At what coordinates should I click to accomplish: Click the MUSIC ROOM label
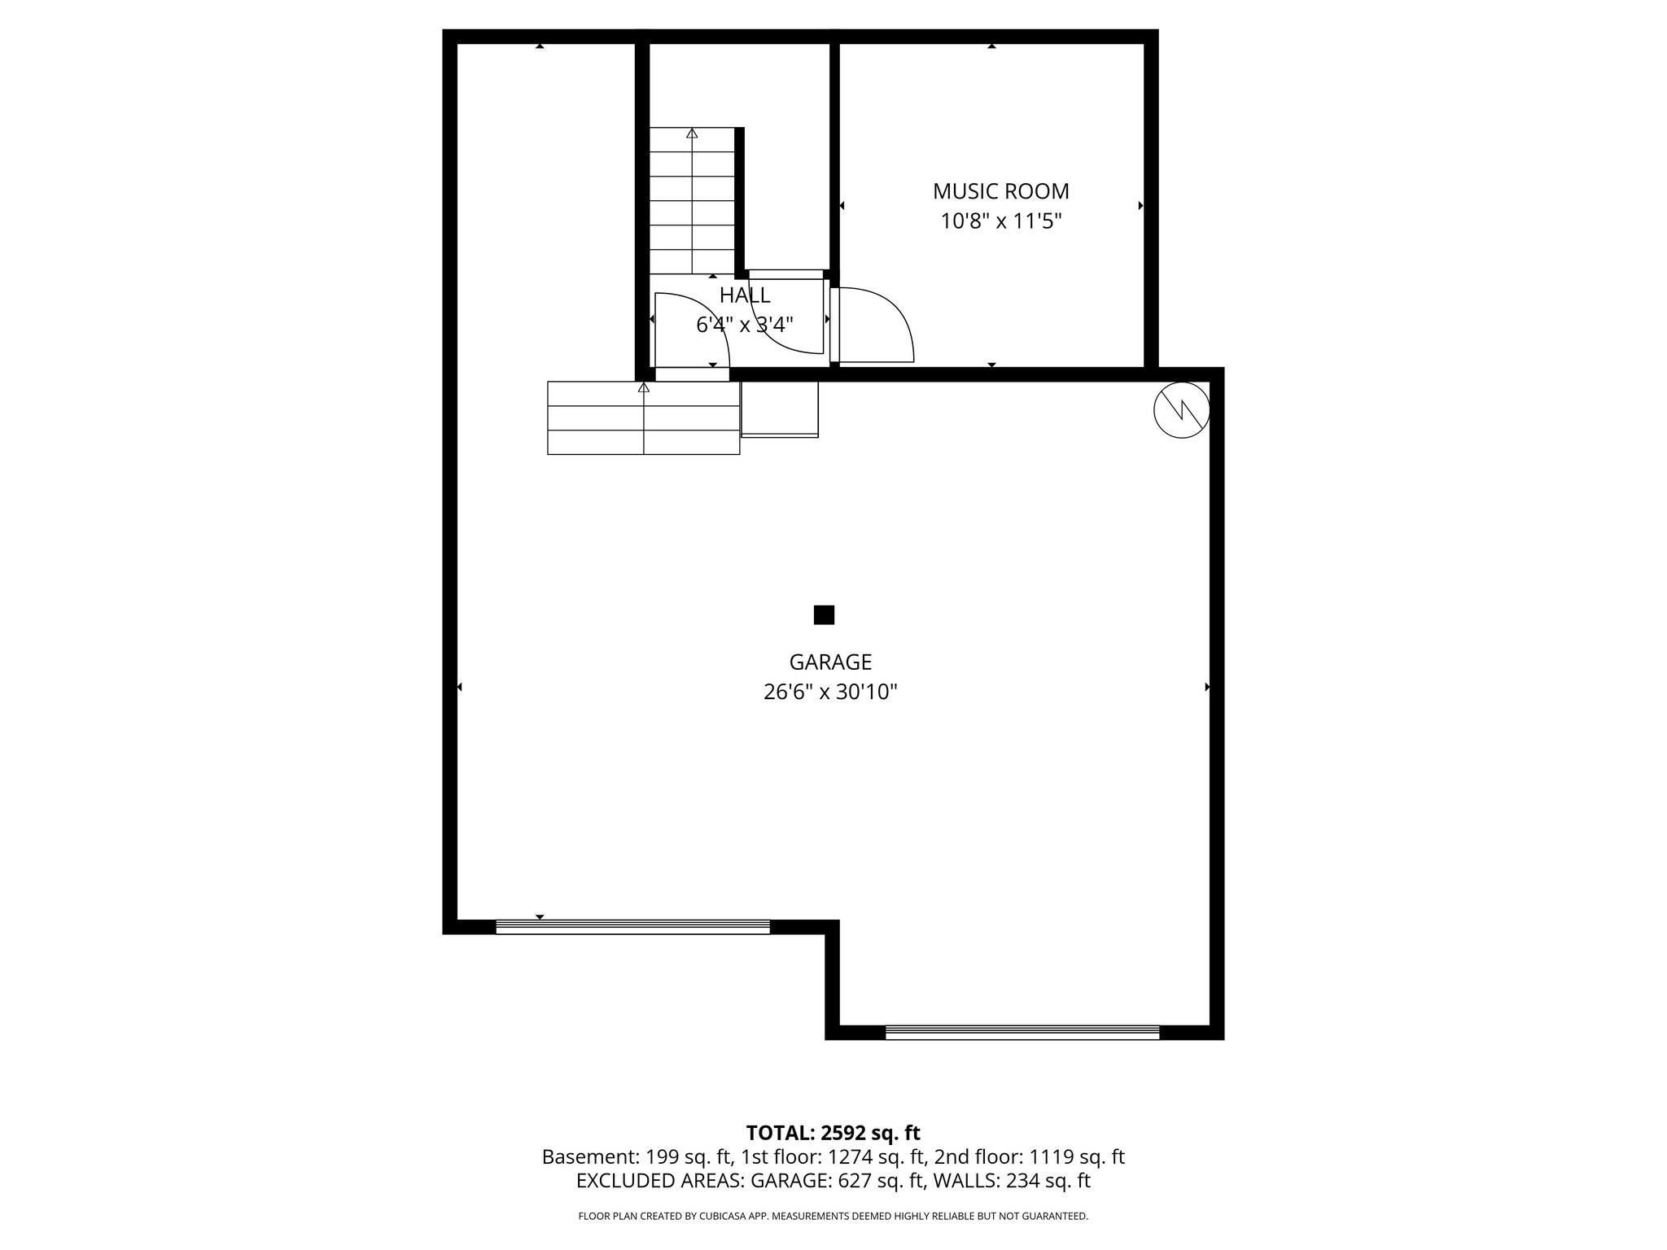(1000, 191)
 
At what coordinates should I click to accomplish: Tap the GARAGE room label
(830, 662)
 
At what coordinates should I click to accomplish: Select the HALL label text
(745, 295)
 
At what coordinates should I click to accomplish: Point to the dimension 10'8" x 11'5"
(1001, 221)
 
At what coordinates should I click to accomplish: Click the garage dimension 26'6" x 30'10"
(830, 692)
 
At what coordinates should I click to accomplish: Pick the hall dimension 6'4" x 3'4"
(745, 325)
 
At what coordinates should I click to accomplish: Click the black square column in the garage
(824, 614)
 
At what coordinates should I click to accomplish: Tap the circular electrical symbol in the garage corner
(1181, 410)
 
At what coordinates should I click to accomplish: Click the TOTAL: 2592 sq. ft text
(833, 1132)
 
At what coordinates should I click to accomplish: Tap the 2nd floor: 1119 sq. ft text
(1029, 1156)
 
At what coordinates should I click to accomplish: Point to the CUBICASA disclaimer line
(833, 1216)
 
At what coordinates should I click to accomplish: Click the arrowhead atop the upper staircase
(692, 133)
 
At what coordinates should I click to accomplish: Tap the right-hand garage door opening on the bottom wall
(1022, 1033)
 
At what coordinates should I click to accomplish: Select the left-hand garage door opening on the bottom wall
(632, 927)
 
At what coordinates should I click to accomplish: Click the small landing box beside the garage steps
(779, 409)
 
